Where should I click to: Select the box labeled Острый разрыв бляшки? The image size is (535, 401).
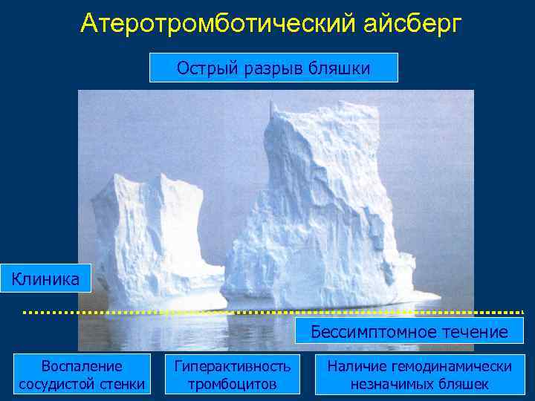[x=273, y=68]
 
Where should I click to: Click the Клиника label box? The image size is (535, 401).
[x=45, y=279]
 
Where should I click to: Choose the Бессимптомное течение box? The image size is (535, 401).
[x=410, y=331]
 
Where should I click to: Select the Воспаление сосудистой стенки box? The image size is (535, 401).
[x=82, y=374]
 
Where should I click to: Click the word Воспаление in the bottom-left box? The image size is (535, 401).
[x=82, y=365]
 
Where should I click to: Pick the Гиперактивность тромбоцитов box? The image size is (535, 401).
[x=232, y=374]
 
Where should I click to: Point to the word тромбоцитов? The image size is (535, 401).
[x=232, y=384]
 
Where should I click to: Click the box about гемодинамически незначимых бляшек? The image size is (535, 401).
[x=419, y=374]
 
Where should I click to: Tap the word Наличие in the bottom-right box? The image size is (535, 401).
[x=356, y=365]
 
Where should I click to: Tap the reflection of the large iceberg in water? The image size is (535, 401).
[x=327, y=327]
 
